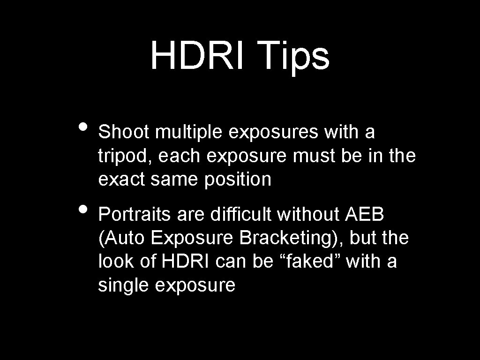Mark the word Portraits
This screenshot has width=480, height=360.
(x=132, y=215)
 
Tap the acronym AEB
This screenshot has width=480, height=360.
(x=365, y=215)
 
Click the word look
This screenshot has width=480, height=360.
(x=117, y=262)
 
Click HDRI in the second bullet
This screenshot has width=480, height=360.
(x=187, y=262)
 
